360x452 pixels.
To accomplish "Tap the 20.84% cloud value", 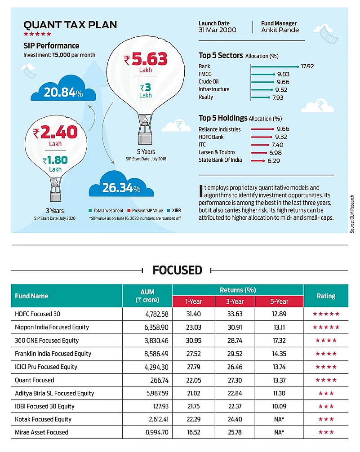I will click(x=63, y=93).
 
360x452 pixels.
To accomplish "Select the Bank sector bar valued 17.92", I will click(x=275, y=66).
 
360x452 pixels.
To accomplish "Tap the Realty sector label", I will click(x=206, y=97).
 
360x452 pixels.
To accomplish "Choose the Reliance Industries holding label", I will click(x=219, y=129).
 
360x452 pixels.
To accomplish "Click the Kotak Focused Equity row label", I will click(x=43, y=419).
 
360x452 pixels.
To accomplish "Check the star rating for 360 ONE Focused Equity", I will click(x=326, y=341).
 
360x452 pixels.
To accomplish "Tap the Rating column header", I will click(x=326, y=296).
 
